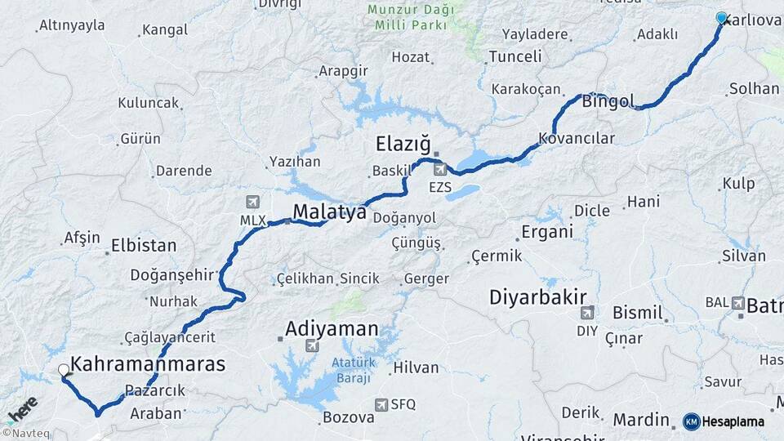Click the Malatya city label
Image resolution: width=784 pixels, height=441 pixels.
pos(329,212)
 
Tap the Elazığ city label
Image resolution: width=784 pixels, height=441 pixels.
pos(403,145)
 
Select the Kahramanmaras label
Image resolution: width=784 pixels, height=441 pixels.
pos(148,364)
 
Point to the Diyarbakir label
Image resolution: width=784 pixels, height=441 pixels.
pos(538,296)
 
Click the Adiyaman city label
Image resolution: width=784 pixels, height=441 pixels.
pos(332,329)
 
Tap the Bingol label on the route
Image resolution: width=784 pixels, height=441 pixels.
pos(608,101)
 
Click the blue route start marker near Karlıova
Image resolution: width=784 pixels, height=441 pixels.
pos(721,18)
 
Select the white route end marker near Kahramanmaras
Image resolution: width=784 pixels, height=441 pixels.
pos(64,370)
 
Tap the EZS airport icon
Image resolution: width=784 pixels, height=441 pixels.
pos(440,170)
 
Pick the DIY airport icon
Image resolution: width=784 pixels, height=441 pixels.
pos(587,313)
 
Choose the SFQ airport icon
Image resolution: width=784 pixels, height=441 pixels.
pos(381,404)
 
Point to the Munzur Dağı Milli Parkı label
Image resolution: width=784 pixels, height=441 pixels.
pos(410,17)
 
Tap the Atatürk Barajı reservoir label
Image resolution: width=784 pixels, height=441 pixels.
pos(352,370)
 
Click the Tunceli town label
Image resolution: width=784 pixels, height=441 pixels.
pos(514,57)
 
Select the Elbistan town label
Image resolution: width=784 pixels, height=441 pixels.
pos(144,245)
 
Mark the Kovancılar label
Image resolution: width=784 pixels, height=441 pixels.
pos(577,138)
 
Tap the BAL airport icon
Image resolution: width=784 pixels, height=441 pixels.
pos(738,303)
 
